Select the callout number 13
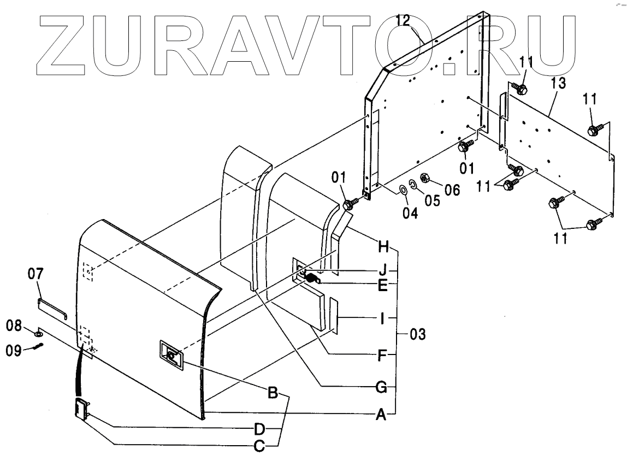click(x=558, y=84)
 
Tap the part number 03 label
click(x=417, y=333)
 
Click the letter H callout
click(x=383, y=247)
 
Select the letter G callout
click(x=382, y=388)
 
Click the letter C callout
click(x=260, y=447)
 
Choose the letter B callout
click(x=273, y=393)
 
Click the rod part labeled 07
click(x=52, y=308)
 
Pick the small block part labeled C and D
click(x=82, y=409)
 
